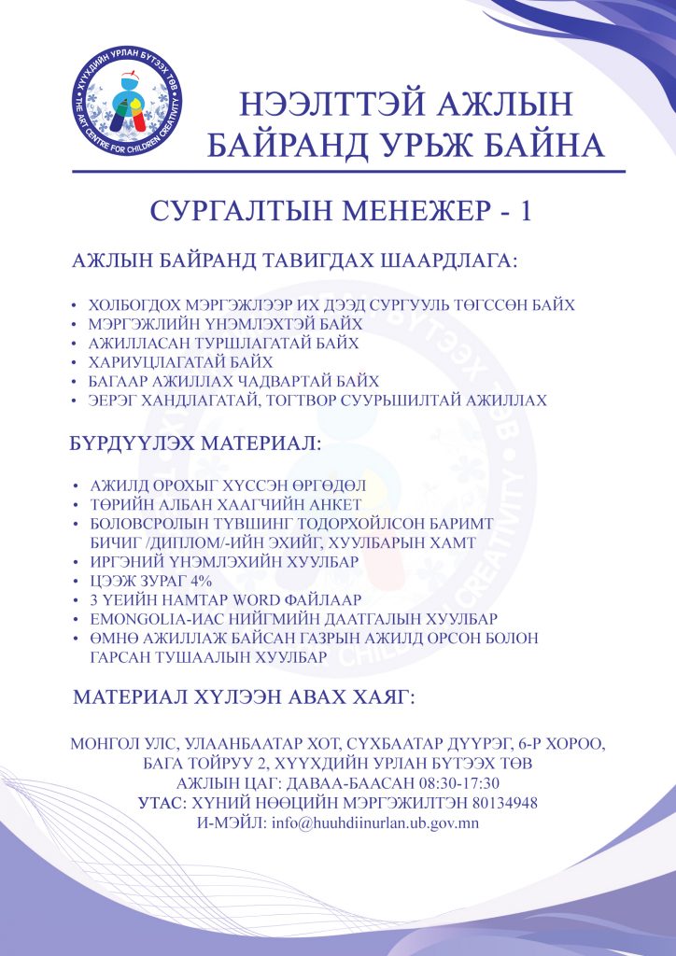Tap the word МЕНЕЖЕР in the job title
(x=402, y=212)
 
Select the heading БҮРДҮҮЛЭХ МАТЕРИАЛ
(x=195, y=444)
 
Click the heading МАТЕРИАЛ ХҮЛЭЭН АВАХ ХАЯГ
(x=244, y=698)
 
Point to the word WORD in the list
(x=270, y=598)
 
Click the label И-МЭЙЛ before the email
(x=231, y=824)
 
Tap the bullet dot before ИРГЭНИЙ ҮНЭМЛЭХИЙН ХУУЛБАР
(x=76, y=560)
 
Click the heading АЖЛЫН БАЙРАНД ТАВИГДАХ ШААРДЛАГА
(x=293, y=260)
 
